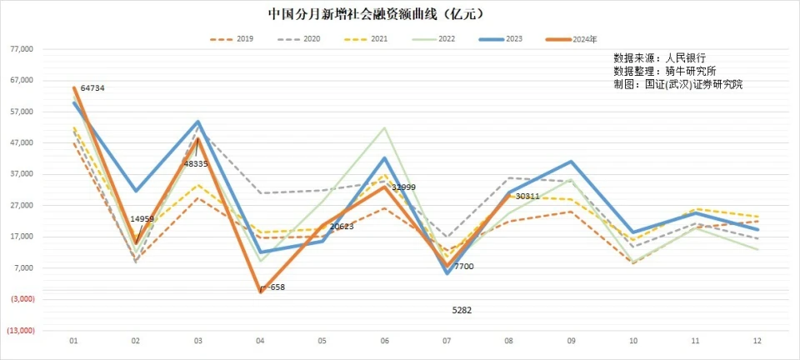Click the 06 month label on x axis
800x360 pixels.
coord(384,341)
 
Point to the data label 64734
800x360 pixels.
coord(92,88)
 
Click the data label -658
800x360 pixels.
coord(274,287)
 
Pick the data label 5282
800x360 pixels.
coord(462,310)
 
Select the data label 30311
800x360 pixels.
coord(528,197)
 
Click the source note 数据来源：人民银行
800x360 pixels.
coord(660,58)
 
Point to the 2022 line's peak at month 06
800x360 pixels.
coord(384,128)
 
